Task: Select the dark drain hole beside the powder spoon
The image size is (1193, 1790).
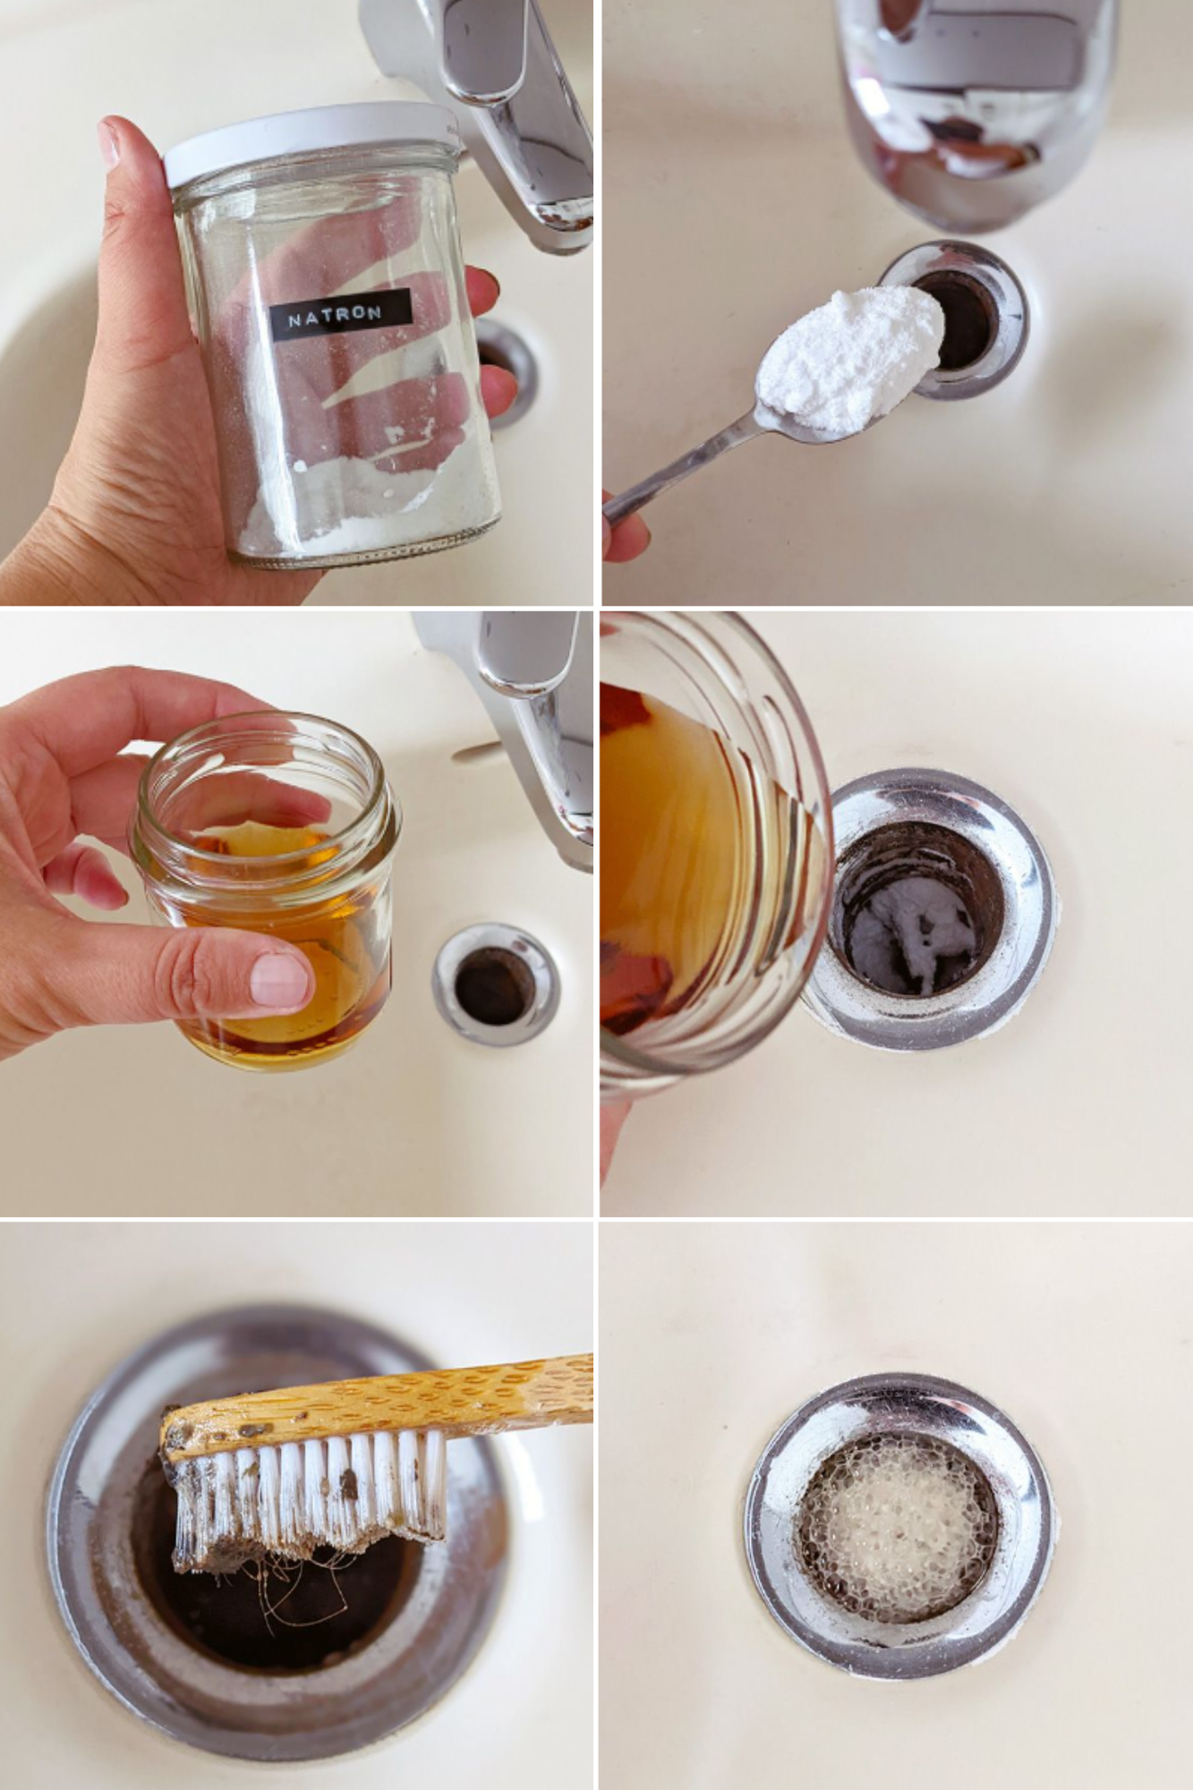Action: tap(960, 319)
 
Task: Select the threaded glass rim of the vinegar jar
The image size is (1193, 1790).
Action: tap(266, 768)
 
